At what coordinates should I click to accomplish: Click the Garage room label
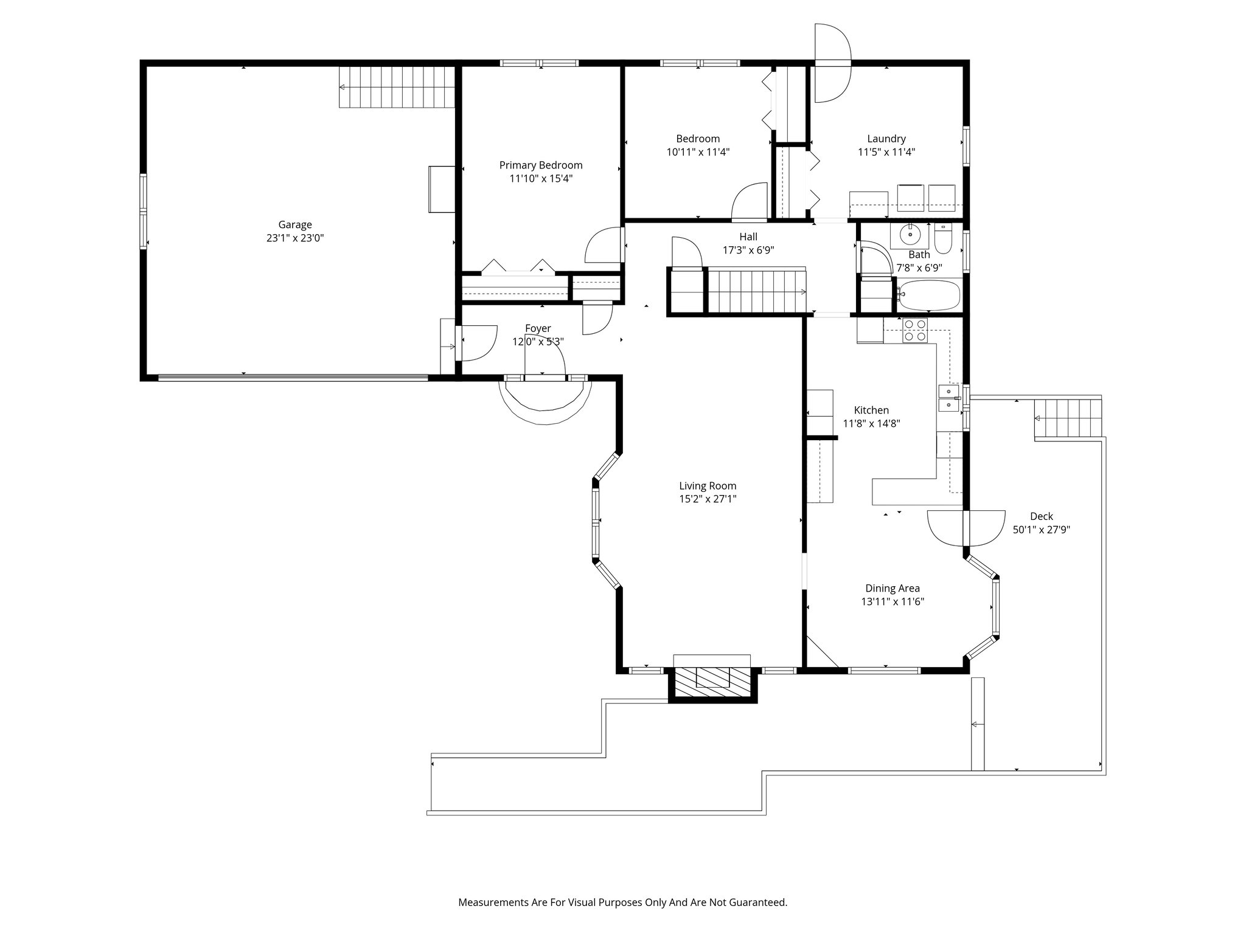[295, 225]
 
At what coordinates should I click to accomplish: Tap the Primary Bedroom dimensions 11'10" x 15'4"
[541, 179]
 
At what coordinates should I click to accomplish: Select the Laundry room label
[886, 139]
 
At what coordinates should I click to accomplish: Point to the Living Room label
[708, 486]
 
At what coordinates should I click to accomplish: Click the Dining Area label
[893, 588]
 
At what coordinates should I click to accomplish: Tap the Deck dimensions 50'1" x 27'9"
[1042, 530]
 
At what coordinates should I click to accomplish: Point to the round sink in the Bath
[911, 233]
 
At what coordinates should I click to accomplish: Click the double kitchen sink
[948, 398]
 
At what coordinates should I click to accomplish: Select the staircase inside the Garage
[397, 87]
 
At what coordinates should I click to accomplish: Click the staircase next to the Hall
[756, 292]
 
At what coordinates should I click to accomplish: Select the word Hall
[748, 237]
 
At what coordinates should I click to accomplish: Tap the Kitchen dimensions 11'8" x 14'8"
[871, 423]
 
